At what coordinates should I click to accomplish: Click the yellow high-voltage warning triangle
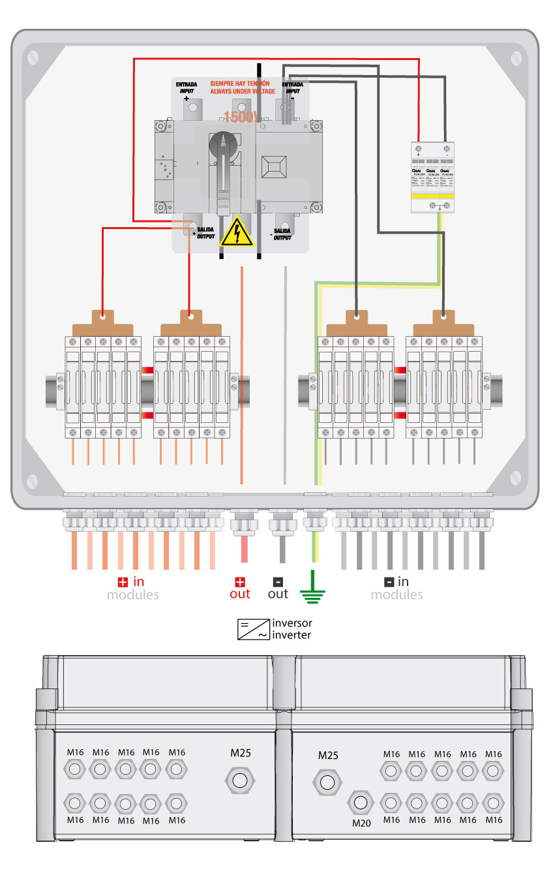click(236, 232)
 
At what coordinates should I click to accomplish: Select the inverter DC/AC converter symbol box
click(253, 628)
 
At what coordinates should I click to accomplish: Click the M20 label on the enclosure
click(361, 823)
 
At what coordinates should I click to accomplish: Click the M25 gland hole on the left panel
click(240, 780)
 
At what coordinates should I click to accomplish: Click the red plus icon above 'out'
click(240, 581)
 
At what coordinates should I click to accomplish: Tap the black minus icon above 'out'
click(278, 581)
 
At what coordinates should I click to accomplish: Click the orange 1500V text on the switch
click(241, 117)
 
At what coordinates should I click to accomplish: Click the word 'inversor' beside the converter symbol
click(292, 623)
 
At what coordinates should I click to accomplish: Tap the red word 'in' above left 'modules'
click(138, 581)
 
